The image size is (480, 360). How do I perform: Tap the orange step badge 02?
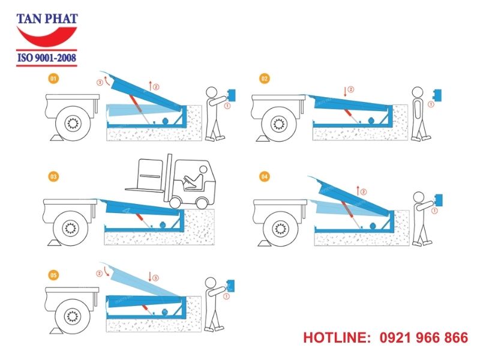coord(264,79)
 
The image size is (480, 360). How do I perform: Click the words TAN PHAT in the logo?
coord(47,19)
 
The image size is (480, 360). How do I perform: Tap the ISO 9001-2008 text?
coord(47,59)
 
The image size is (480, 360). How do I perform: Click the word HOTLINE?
coord(336,338)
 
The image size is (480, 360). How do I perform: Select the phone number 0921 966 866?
coord(424,338)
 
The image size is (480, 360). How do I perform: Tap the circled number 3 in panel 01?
coord(100,82)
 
